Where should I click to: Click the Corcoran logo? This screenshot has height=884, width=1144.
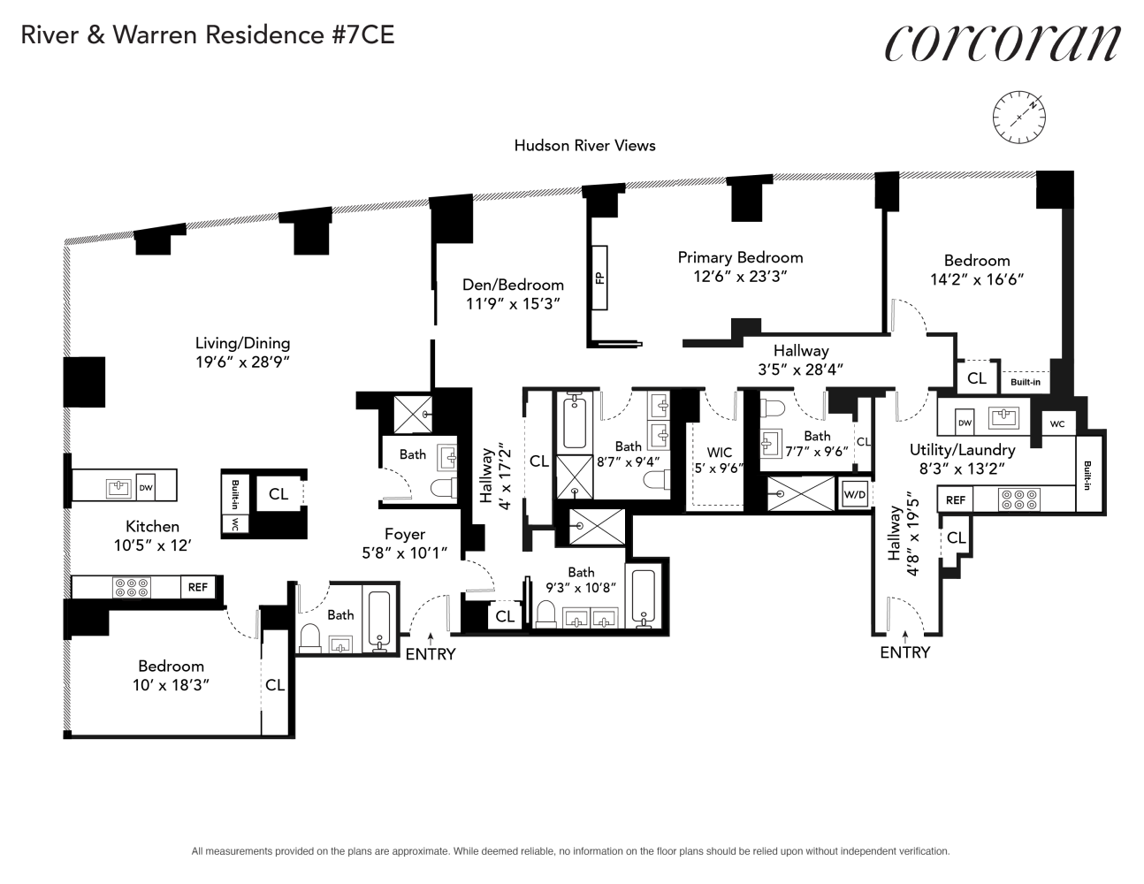click(1003, 42)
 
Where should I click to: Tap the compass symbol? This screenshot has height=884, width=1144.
click(1018, 117)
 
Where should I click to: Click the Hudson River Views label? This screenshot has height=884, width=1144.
click(584, 145)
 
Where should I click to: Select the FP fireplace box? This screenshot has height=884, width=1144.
click(599, 278)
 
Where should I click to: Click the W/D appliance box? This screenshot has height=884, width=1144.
click(854, 493)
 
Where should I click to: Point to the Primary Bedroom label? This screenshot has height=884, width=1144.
click(740, 257)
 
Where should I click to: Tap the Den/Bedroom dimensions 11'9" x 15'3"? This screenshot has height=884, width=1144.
click(512, 303)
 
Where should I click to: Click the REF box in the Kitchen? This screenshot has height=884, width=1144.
click(197, 587)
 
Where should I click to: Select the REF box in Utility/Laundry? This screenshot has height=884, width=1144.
click(955, 499)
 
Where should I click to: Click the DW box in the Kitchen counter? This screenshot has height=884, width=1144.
click(146, 487)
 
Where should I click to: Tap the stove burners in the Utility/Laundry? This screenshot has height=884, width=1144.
click(1018, 499)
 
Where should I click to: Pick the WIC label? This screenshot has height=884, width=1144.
click(719, 452)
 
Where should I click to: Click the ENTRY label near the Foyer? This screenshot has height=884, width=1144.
click(431, 653)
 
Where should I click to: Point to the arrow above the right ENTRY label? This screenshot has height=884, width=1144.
click(905, 637)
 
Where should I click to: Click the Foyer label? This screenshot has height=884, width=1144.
click(404, 534)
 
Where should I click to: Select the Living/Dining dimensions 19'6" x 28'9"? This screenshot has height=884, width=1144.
click(243, 362)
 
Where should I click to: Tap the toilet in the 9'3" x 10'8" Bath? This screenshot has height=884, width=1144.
click(546, 614)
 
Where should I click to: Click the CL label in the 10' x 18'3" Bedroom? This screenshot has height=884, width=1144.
click(275, 684)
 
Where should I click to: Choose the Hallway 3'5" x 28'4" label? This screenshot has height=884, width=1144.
click(800, 360)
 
